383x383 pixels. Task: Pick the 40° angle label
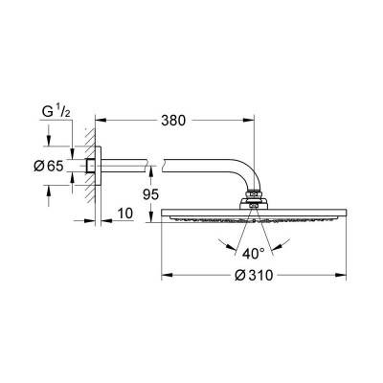pos(252,254)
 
